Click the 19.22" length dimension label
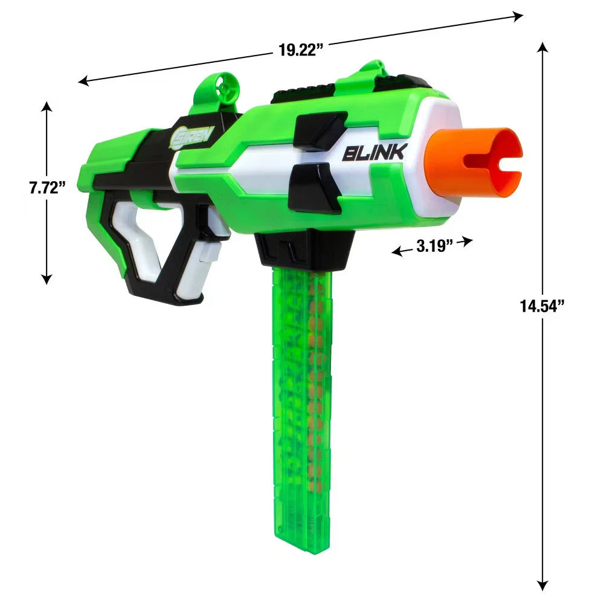click(x=300, y=50)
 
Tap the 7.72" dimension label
click(x=47, y=188)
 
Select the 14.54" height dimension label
click(x=542, y=306)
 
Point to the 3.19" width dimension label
click(x=434, y=246)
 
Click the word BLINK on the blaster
click(x=375, y=153)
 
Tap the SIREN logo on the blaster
click(x=191, y=137)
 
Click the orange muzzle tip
click(x=473, y=162)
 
